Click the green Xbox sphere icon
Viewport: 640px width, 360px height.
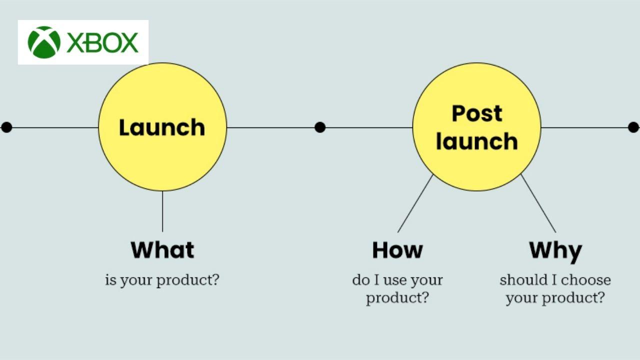pos(44,42)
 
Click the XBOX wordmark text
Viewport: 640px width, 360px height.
pos(102,43)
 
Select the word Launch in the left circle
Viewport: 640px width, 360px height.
pos(162,127)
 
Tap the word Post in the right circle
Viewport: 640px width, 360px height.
pos(476,113)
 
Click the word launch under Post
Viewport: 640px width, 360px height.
pos(476,141)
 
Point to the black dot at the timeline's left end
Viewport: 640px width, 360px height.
pos(6,127)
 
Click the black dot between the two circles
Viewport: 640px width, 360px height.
pos(320,127)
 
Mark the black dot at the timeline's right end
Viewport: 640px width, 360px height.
pos(633,127)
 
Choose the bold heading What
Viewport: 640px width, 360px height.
pos(162,249)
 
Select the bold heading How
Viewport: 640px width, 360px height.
pos(397,249)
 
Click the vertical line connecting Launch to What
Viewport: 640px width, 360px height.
pos(162,211)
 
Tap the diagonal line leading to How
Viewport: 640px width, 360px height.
pos(415,203)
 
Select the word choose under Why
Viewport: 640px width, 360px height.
pos(586,280)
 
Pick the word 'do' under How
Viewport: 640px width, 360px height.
pos(360,280)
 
